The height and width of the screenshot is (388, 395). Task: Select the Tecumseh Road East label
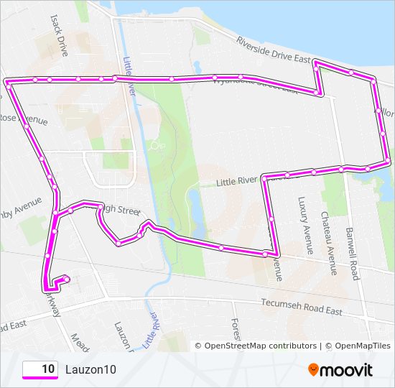302,307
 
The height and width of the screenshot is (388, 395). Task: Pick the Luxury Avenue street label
306,226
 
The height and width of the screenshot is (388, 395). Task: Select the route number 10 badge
40,369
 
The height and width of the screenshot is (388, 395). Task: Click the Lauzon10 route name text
90,369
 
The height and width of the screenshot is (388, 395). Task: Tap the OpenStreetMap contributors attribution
256,346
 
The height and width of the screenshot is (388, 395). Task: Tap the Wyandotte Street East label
255,85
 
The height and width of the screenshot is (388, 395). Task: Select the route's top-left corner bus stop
8,83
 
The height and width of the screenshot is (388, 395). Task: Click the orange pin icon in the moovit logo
313,370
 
